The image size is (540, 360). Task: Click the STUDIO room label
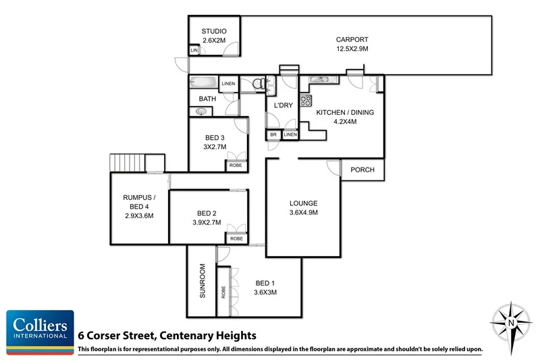213,32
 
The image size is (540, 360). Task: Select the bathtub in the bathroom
203,84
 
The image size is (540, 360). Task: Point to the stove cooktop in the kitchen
304,103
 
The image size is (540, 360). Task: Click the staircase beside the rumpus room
128,163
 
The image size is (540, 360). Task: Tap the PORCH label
362,170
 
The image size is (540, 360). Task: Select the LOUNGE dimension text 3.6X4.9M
303,212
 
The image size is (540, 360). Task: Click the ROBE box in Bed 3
236,165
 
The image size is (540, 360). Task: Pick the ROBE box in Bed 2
236,238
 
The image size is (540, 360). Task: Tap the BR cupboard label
273,135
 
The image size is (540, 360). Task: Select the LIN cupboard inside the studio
194,51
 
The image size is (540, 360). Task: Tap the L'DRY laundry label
281,105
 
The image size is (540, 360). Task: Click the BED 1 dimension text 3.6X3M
266,292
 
